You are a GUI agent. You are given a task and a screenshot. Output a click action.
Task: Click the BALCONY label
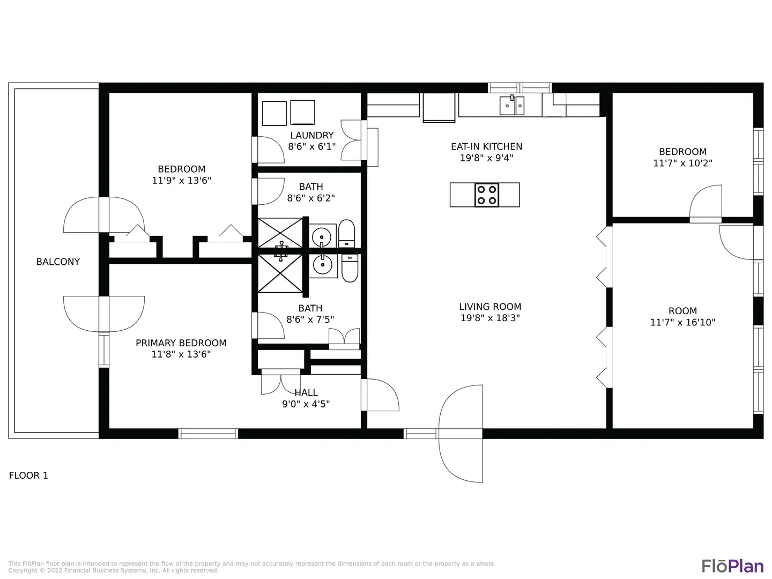(58, 262)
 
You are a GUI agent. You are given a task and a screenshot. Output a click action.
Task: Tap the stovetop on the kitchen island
(487, 195)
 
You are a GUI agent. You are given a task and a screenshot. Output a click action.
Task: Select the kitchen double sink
(512, 105)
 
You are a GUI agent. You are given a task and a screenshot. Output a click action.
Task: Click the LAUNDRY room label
(312, 135)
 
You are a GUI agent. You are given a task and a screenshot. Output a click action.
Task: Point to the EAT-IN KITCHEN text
(487, 146)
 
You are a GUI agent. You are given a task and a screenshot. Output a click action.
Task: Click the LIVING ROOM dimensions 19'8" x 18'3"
(491, 318)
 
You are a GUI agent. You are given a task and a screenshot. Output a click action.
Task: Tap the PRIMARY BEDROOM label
(181, 343)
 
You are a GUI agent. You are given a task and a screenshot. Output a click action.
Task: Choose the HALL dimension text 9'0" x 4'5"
(306, 404)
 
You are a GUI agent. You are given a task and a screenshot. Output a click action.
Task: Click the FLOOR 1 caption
(28, 476)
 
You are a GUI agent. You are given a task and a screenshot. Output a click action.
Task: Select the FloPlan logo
(733, 566)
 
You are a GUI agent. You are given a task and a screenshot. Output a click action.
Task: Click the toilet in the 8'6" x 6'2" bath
(346, 234)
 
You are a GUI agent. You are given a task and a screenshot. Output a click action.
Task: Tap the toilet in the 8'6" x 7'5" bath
(350, 268)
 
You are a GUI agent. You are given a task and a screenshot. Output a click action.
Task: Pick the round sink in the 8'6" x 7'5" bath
(323, 265)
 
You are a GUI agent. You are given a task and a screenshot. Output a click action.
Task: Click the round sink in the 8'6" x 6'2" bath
(322, 236)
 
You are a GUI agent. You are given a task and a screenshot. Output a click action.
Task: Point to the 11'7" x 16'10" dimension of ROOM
(682, 322)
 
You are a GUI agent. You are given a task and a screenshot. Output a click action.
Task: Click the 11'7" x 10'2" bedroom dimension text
(682, 163)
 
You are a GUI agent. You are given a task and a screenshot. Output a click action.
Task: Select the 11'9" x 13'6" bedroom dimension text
(182, 180)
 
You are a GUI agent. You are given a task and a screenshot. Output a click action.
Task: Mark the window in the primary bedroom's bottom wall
(208, 434)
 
